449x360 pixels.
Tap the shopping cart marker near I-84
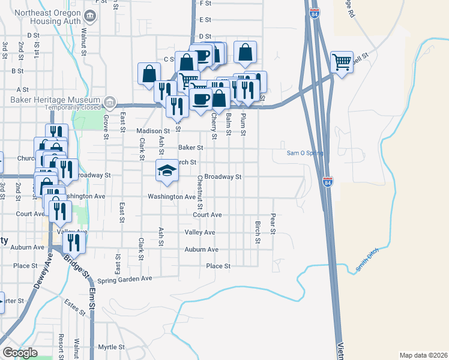click(342, 61)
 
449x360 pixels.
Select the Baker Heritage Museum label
click(51, 100)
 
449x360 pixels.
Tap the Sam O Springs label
click(304, 153)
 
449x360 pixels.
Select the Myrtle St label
click(111, 347)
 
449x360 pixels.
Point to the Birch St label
click(258, 232)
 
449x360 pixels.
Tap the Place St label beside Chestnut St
click(218, 266)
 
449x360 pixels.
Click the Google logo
click(19, 353)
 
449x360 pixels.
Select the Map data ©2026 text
click(423, 355)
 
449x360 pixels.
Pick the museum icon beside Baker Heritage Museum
click(110, 100)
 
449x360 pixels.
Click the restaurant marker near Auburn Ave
click(74, 242)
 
